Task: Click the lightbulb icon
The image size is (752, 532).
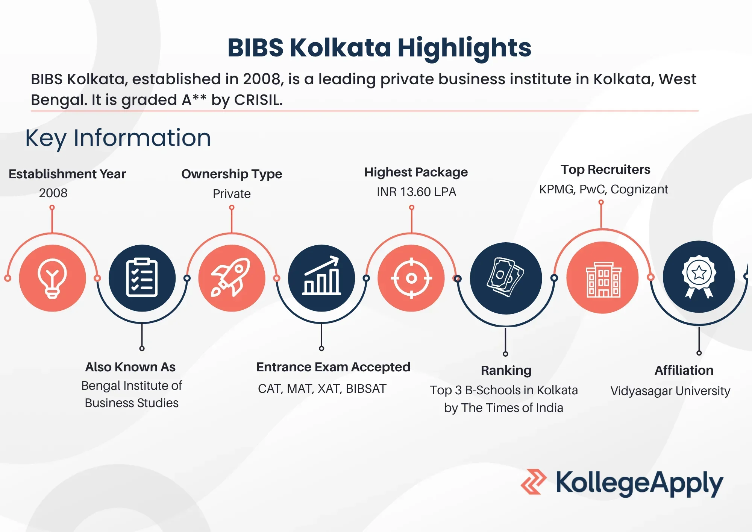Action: (52, 278)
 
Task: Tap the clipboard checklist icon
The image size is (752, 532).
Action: (142, 278)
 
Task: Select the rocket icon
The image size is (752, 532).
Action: (231, 277)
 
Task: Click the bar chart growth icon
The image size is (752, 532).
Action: (321, 275)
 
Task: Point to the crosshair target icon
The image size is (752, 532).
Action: (411, 278)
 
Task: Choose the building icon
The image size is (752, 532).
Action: (603, 280)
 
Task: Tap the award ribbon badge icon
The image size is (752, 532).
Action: (699, 277)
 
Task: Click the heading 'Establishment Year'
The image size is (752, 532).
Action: (67, 174)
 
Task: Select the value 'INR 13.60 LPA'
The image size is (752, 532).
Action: (416, 192)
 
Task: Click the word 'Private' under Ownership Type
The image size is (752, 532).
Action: (232, 193)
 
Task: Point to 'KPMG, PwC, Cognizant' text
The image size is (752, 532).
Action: (603, 189)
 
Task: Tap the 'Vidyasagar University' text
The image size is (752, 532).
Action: (670, 391)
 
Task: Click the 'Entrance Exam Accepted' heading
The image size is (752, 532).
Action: (333, 367)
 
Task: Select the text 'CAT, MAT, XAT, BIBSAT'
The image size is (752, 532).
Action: (322, 388)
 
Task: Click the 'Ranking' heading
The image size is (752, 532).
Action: (506, 371)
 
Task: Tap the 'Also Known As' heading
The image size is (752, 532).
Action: (130, 367)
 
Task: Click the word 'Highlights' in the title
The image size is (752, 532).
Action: (464, 48)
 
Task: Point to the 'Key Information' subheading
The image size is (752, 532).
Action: (118, 138)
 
